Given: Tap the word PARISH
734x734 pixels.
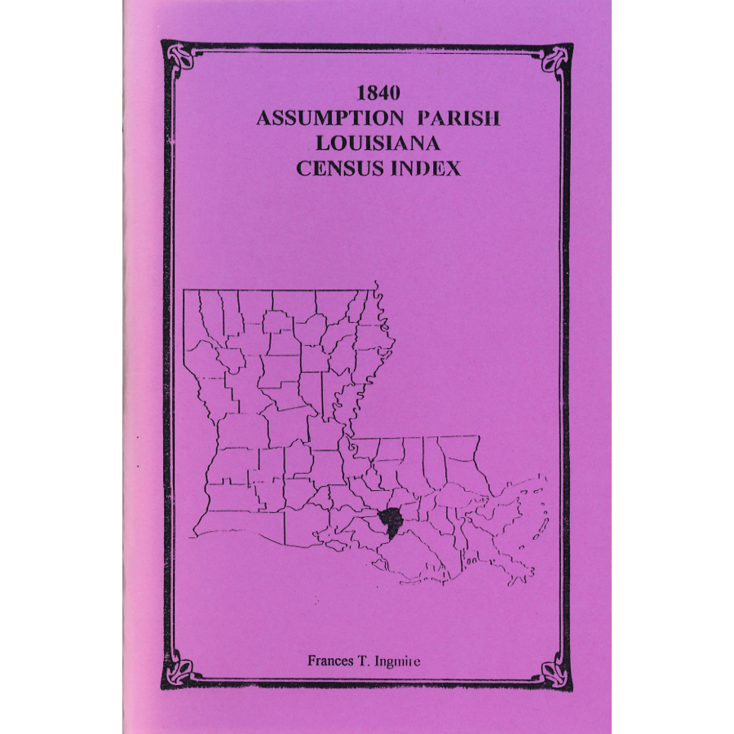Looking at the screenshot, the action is pos(459,117).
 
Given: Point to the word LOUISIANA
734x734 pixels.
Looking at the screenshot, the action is pos(378,143).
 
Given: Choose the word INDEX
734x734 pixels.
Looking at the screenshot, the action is pos(429,168).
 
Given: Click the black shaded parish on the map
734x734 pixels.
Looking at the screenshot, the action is pos(392,518).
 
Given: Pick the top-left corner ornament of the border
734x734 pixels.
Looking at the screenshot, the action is pos(179,57).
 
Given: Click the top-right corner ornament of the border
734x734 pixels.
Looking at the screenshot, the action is pos(557,57).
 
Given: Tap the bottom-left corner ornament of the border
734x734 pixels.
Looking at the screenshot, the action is pos(179,674).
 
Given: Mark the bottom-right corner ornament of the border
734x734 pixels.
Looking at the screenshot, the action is pos(557,674).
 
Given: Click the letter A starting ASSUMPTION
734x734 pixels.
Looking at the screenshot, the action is pos(264,118).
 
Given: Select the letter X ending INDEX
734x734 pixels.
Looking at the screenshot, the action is pos(453,168).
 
